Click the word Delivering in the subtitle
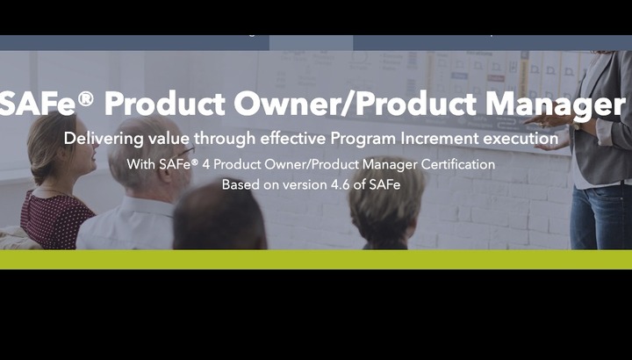pos(104,138)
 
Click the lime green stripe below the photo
pos(316,259)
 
